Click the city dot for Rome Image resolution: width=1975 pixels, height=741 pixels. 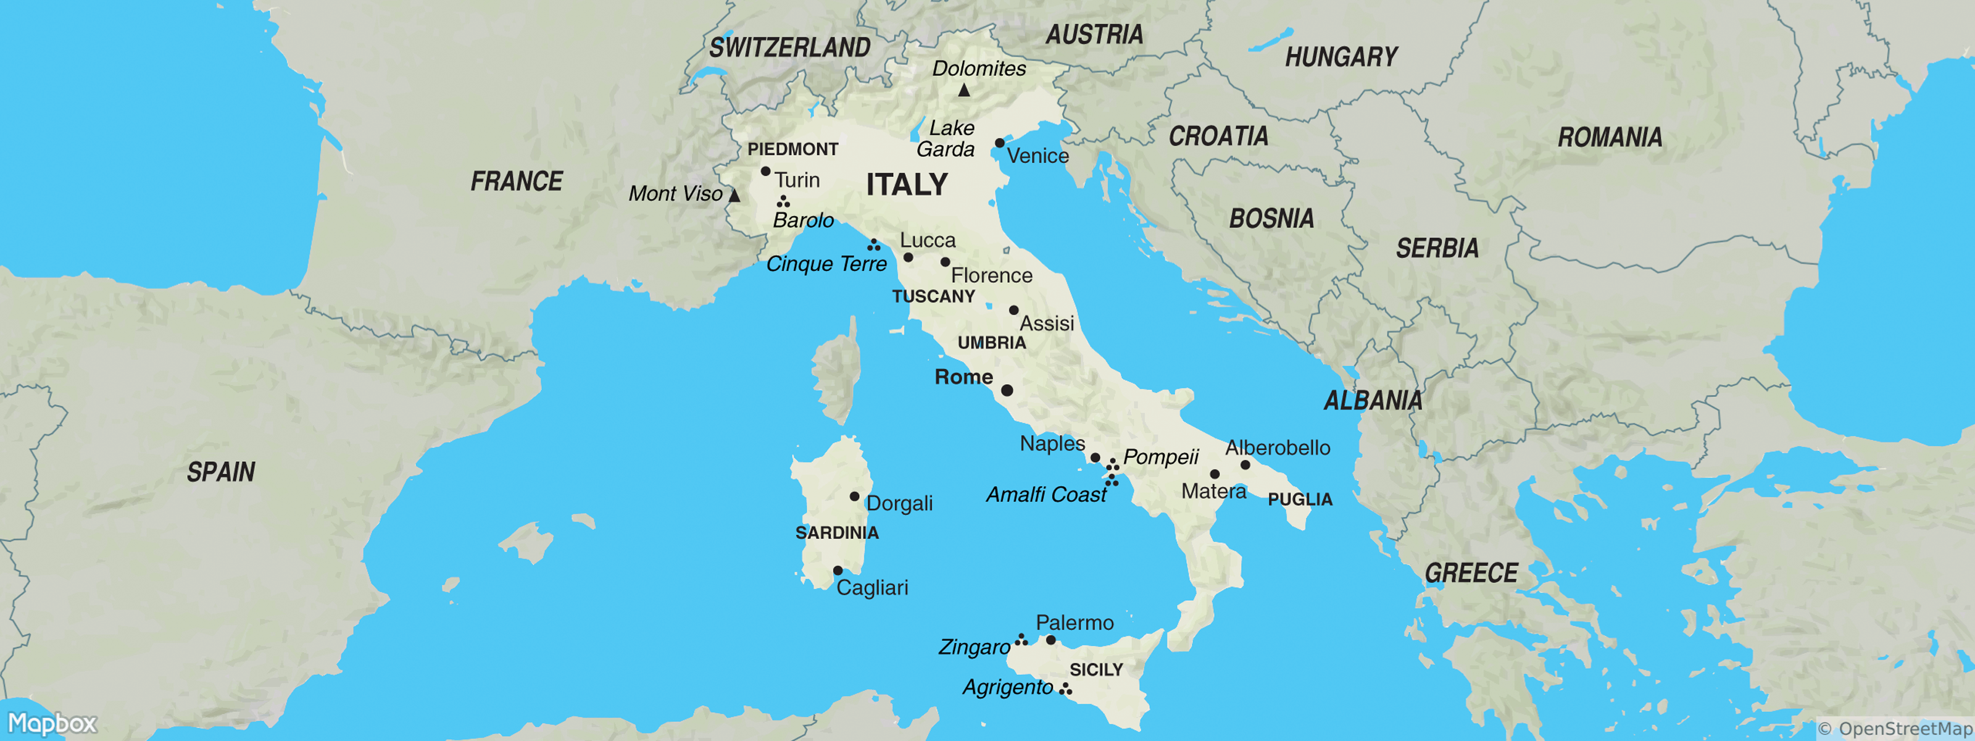click(x=1007, y=390)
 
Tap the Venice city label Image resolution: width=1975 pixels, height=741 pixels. click(x=1037, y=156)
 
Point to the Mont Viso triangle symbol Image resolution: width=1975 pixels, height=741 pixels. click(x=734, y=196)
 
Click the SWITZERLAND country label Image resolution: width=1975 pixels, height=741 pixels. click(x=790, y=48)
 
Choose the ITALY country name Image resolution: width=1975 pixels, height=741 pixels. click(x=907, y=185)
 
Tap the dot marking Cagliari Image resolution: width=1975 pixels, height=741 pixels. click(x=838, y=571)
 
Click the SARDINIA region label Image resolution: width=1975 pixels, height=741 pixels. click(x=836, y=532)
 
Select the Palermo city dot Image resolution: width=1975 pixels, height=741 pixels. click(x=1050, y=640)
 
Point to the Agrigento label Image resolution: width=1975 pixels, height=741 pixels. click(x=1007, y=687)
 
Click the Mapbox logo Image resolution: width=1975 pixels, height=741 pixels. click(x=52, y=723)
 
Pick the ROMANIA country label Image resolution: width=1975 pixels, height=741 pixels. click(x=1610, y=137)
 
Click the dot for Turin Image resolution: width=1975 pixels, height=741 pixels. click(x=765, y=171)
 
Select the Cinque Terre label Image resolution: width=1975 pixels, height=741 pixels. click(x=826, y=264)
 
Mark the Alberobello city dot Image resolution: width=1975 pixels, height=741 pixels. click(x=1245, y=465)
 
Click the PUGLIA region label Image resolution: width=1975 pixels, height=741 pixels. click(x=1300, y=500)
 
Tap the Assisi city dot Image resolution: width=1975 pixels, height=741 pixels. click(x=1013, y=310)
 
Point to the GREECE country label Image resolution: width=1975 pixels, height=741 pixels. click(x=1471, y=573)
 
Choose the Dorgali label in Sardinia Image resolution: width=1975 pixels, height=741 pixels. click(x=899, y=503)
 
